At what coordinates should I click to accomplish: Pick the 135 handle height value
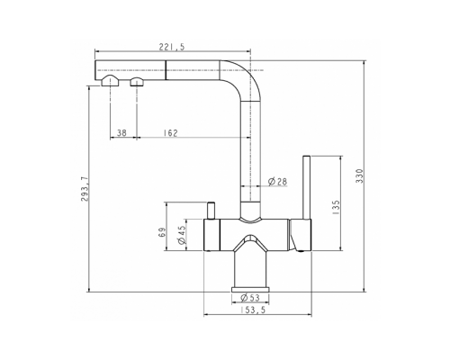(x=335, y=206)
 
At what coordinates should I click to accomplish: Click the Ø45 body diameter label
(x=183, y=236)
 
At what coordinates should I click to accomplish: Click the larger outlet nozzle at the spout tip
(x=109, y=83)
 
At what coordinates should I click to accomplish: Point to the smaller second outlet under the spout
(x=136, y=84)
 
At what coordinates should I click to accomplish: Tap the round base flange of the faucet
(x=251, y=287)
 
